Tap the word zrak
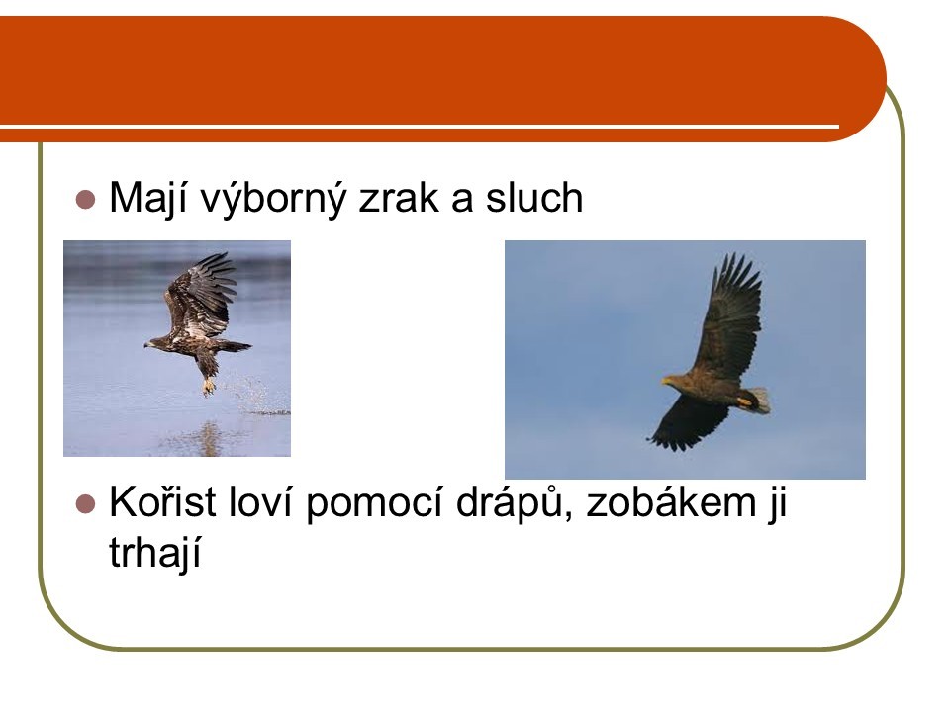(398, 197)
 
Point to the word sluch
(533, 197)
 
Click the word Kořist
(162, 501)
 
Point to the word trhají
(155, 553)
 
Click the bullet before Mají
(85, 199)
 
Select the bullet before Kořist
(85, 503)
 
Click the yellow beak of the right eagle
(667, 381)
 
